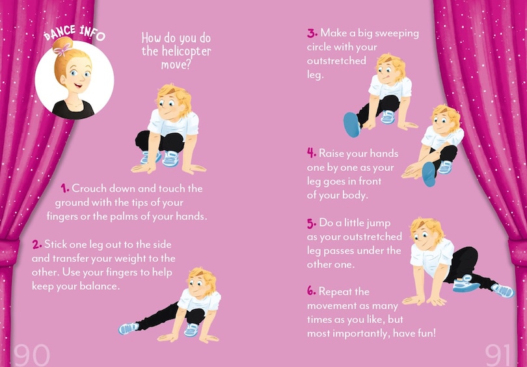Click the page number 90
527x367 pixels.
(32, 355)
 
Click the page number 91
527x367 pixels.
(498, 355)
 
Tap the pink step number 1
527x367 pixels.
(65, 188)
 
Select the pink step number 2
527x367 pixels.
(36, 244)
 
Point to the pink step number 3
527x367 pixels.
(312, 33)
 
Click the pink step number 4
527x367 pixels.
(312, 153)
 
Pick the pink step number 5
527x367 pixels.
(312, 223)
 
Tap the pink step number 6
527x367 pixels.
(312, 291)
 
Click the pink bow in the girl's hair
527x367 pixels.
(63, 49)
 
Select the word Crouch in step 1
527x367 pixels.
(88, 188)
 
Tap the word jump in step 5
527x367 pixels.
(378, 223)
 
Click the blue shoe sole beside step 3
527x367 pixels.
(352, 125)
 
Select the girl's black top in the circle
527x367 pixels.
(74, 109)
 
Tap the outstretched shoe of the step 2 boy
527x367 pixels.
(128, 328)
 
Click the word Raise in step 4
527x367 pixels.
(331, 153)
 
